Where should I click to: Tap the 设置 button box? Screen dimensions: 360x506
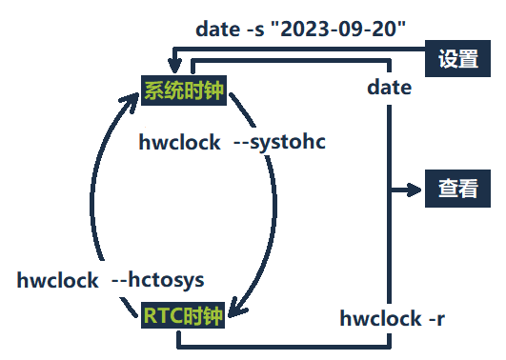pyautogui.click(x=457, y=59)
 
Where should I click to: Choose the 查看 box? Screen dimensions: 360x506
pyautogui.click(x=457, y=189)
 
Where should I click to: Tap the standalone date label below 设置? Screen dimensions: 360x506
pyautogui.click(x=390, y=88)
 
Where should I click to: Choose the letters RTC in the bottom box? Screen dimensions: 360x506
pyautogui.click(x=164, y=315)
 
